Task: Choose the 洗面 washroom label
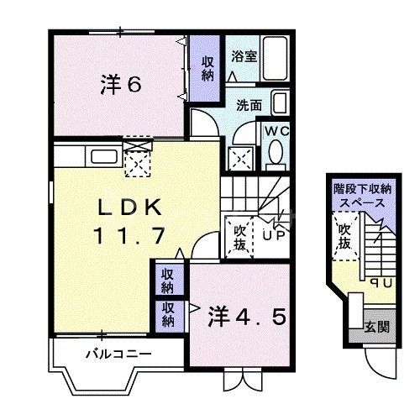coord(249,107)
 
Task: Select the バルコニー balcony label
coord(118,354)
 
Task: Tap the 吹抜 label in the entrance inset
coord(345,237)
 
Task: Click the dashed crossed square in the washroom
coord(243,158)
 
